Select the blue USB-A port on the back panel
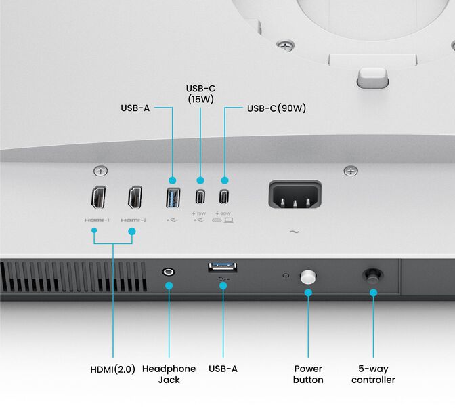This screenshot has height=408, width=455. [x=172, y=198]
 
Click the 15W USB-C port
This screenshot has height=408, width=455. [x=200, y=197]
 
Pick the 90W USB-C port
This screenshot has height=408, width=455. [x=224, y=197]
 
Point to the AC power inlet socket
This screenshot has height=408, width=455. [x=295, y=196]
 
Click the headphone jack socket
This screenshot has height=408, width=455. [x=169, y=272]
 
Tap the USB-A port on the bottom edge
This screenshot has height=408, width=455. [x=223, y=266]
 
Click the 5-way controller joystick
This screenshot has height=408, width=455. [x=372, y=275]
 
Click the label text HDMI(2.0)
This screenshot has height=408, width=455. [x=113, y=369]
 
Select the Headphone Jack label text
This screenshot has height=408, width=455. [x=169, y=374]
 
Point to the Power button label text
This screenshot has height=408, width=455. [x=308, y=374]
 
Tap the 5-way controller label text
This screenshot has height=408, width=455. [x=373, y=374]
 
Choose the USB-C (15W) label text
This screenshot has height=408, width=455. [x=200, y=94]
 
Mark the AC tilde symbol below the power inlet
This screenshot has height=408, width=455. [x=295, y=232]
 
